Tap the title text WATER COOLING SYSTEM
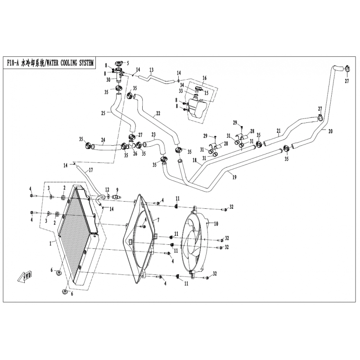pyautogui.click(x=70, y=63)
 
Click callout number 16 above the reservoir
pyautogui.click(x=204, y=78)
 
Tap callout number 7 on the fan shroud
pyautogui.click(x=158, y=220)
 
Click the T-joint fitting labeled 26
pyautogui.click(x=131, y=144)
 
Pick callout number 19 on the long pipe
pyautogui.click(x=234, y=177)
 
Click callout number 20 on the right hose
pyautogui.click(x=330, y=131)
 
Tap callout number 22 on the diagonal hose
pyautogui.click(x=158, y=113)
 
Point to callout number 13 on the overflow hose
pyautogui.click(x=151, y=70)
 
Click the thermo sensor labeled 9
pyautogui.click(x=117, y=197)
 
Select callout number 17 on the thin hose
pyautogui.click(x=91, y=170)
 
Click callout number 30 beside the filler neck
pyautogui.click(x=108, y=80)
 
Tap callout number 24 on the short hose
pyautogui.click(x=103, y=139)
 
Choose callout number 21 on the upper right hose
pyautogui.click(x=279, y=131)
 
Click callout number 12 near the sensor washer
pyautogui.click(x=107, y=189)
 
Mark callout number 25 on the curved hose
pyautogui.click(x=103, y=113)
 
